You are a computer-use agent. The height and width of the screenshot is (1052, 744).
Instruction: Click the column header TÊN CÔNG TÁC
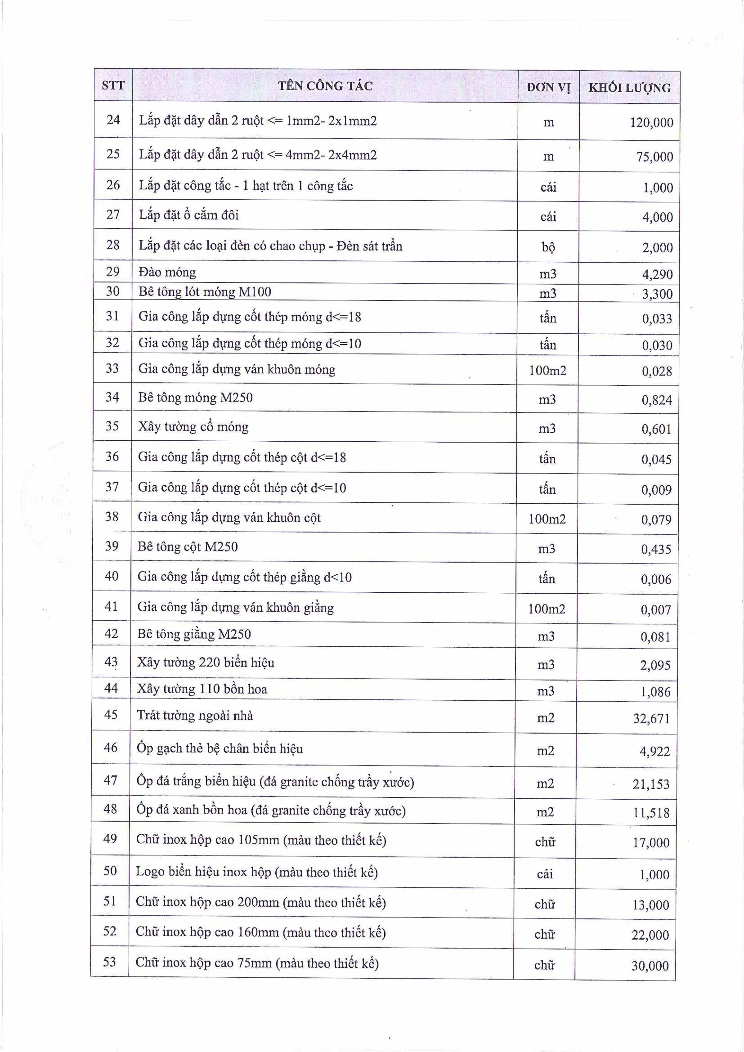(x=325, y=86)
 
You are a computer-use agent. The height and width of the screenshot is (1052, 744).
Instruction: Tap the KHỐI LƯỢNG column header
(x=629, y=88)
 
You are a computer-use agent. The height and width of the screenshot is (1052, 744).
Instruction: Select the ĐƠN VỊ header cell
(x=548, y=87)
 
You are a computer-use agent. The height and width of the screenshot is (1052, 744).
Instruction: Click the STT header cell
(x=113, y=85)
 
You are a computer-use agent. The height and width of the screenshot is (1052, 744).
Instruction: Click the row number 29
(x=113, y=272)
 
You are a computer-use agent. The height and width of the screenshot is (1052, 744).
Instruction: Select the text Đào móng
(x=167, y=273)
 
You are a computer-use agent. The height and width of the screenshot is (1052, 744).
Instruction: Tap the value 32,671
(x=651, y=718)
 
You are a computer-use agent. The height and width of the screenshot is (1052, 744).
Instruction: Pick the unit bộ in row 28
(x=548, y=247)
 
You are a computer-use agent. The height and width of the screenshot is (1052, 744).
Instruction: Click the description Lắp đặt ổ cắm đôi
(x=189, y=215)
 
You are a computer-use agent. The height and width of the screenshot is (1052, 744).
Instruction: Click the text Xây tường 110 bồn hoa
(x=202, y=689)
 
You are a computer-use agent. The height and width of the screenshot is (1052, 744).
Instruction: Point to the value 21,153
(x=651, y=784)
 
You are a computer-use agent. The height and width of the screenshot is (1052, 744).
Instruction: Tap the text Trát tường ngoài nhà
(x=195, y=716)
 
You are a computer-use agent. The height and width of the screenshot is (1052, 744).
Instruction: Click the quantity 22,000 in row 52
(x=650, y=935)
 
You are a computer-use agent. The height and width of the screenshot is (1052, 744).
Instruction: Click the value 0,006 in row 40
(x=656, y=580)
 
